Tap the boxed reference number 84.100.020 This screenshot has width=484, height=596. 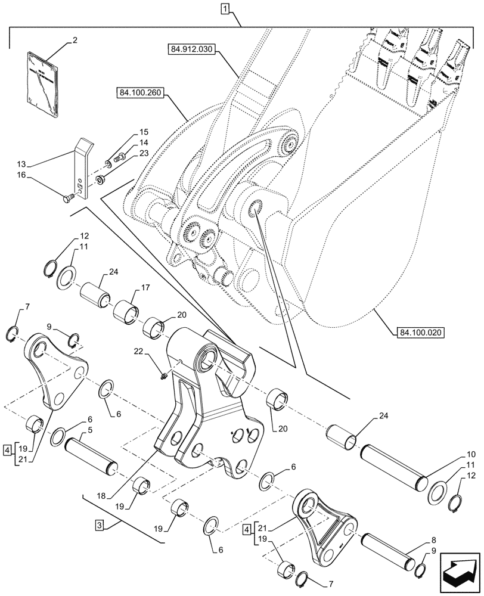(x=421, y=332)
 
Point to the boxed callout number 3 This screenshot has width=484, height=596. (x=100, y=525)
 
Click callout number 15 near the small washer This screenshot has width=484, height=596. (x=128, y=131)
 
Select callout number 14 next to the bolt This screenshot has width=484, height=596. (x=128, y=142)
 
